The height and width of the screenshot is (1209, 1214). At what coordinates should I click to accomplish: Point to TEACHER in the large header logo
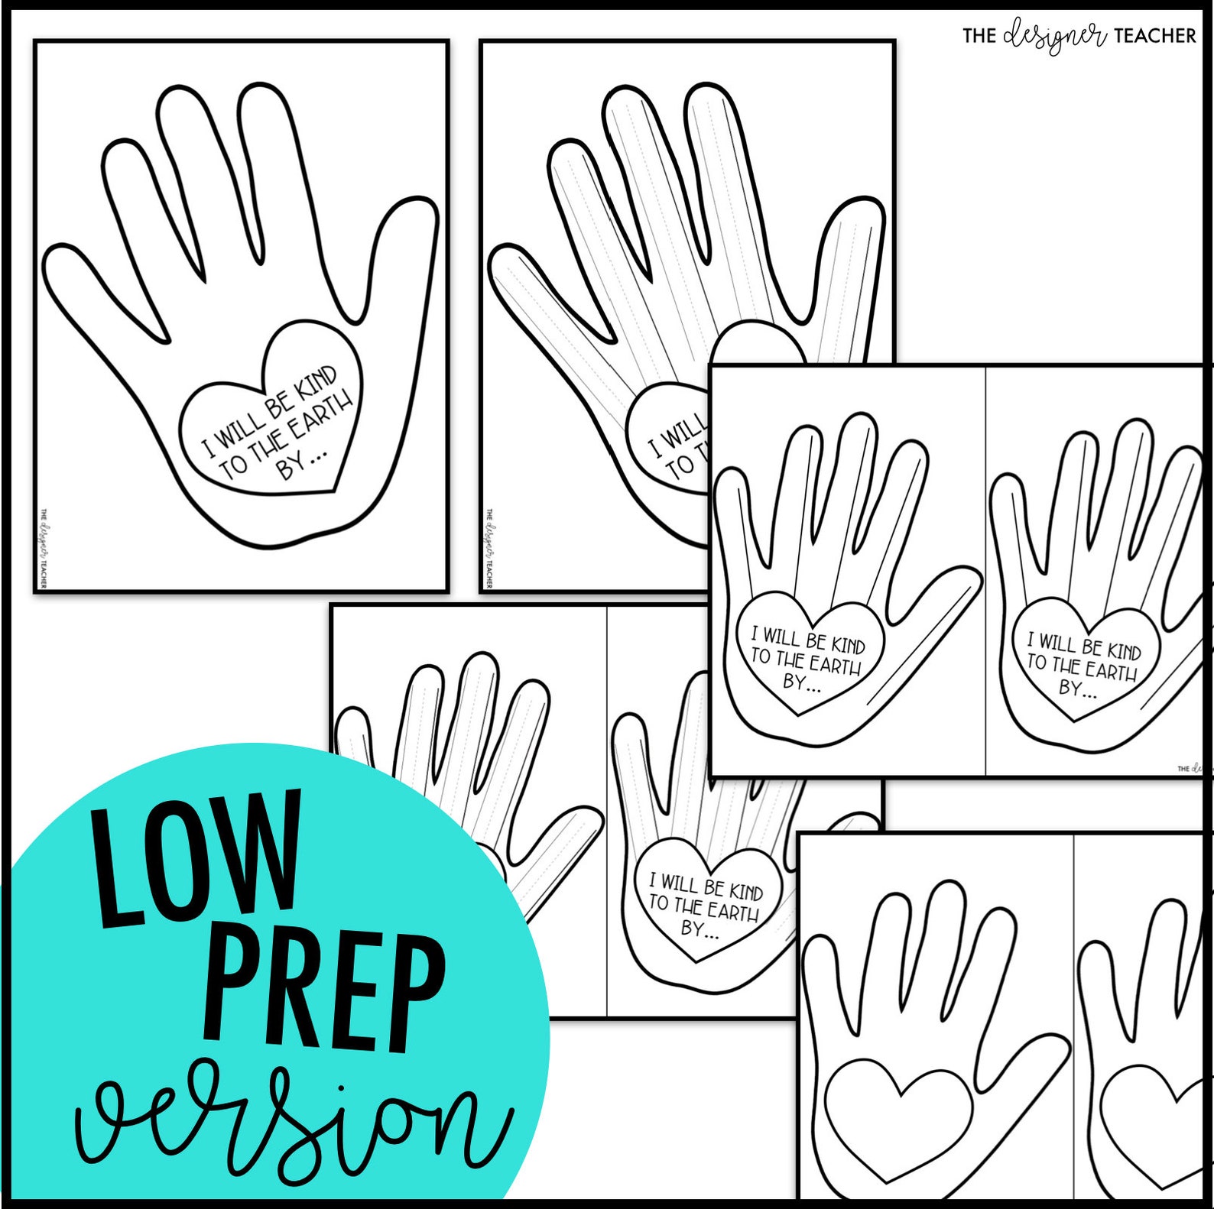[x=1154, y=35]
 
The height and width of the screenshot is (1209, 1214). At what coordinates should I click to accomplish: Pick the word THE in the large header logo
[x=979, y=35]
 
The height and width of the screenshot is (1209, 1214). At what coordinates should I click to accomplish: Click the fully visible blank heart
[x=899, y=1117]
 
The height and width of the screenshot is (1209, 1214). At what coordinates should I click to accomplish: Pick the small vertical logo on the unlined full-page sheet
[x=44, y=548]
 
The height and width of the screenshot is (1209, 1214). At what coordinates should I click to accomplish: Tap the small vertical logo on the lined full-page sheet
[x=489, y=548]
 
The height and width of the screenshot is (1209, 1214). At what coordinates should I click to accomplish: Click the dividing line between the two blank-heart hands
[x=1074, y=1016]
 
